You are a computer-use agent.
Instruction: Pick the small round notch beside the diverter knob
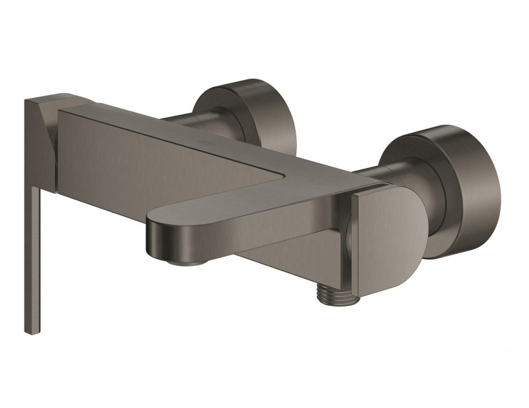345,235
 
